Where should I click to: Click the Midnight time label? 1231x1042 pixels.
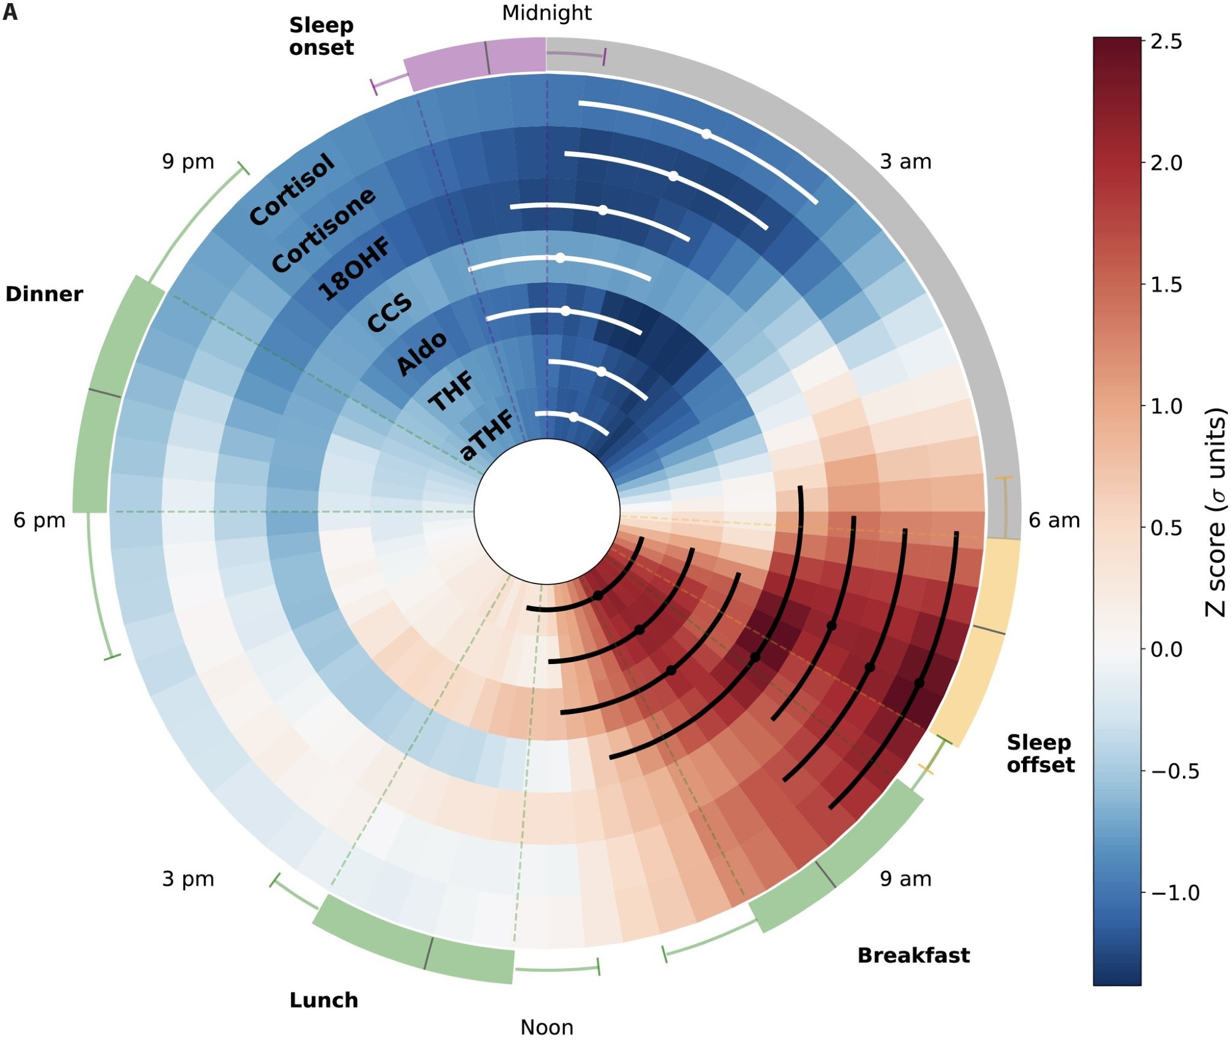coord(547,13)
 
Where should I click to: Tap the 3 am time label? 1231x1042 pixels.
coord(905,162)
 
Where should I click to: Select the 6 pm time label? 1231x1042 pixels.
coord(39,521)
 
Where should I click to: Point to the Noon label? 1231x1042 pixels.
coord(547,1027)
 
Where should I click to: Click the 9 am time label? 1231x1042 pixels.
coord(905,879)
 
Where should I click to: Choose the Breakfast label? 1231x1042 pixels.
coord(913,955)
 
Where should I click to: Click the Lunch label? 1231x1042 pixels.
coord(324,1000)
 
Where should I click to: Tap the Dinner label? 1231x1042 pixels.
coord(44,294)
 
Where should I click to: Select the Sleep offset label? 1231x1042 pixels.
coord(1040,754)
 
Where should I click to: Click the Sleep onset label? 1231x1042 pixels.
coord(321,36)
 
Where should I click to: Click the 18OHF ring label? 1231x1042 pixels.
coord(354,268)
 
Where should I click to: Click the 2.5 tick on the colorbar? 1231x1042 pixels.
coord(1166,42)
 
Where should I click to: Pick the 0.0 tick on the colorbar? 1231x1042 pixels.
coord(1166,649)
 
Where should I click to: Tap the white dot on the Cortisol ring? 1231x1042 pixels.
coord(707,134)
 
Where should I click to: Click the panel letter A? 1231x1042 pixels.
coord(10,12)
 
